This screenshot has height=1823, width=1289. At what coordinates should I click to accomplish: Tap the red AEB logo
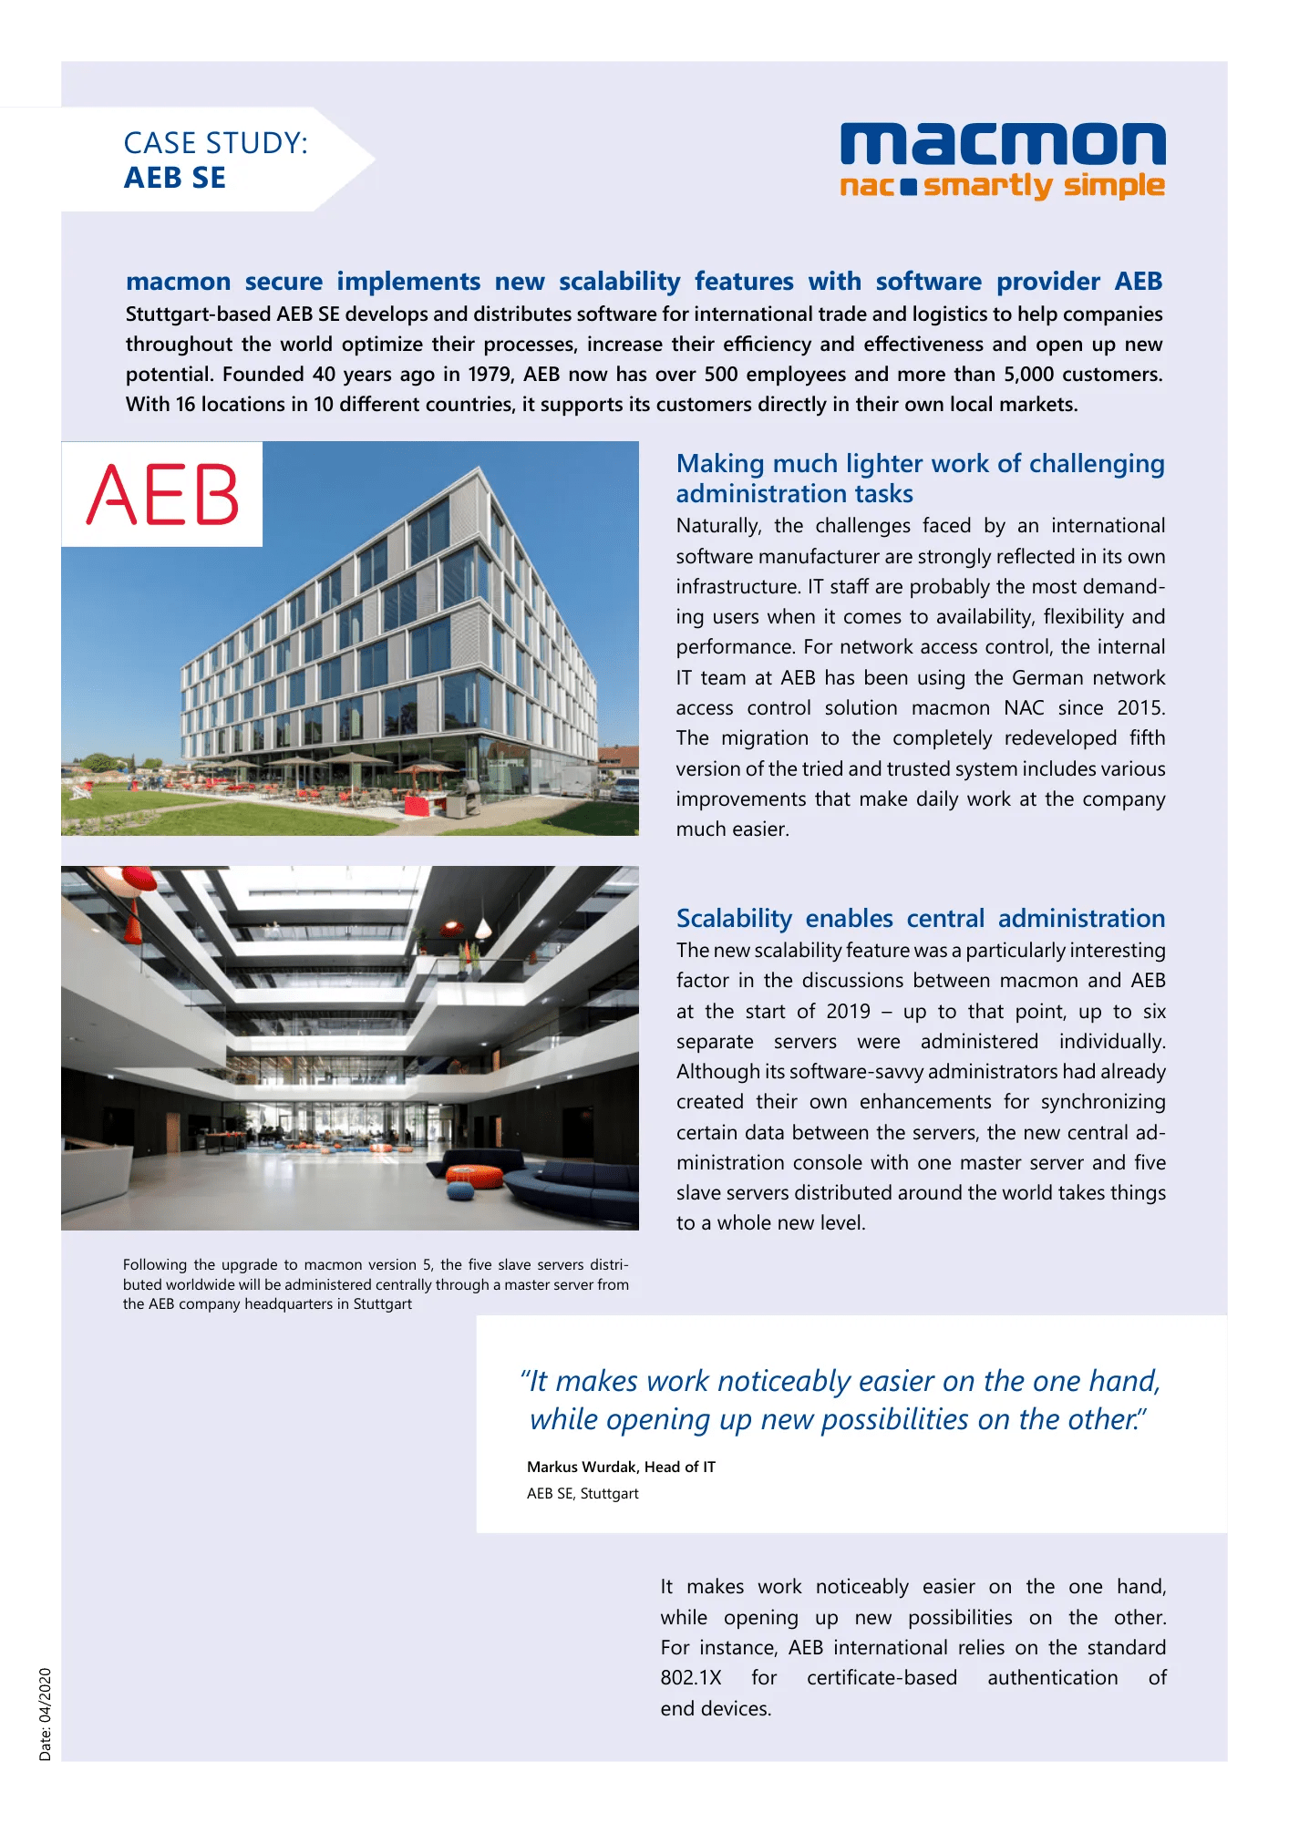pos(162,494)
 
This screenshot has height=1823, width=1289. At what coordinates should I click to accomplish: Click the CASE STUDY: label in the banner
pos(215,143)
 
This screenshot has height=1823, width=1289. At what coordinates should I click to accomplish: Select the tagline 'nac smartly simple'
pos(1003,186)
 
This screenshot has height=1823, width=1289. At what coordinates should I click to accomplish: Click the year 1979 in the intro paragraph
pos(490,375)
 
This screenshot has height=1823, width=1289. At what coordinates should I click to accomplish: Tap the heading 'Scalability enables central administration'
pos(921,918)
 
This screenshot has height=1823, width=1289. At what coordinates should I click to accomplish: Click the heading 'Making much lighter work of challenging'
pos(921,464)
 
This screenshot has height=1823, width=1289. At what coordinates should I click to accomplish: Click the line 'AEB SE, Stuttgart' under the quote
pos(583,1493)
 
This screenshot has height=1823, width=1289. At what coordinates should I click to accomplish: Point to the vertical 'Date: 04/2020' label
pos(46,1715)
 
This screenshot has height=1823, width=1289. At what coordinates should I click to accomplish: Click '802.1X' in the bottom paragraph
pos(691,1678)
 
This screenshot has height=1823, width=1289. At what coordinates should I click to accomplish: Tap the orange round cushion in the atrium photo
pos(475,1176)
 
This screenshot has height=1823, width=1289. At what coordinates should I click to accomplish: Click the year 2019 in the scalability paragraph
pos(848,1012)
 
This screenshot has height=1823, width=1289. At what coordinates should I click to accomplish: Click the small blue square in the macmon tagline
pos(908,188)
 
